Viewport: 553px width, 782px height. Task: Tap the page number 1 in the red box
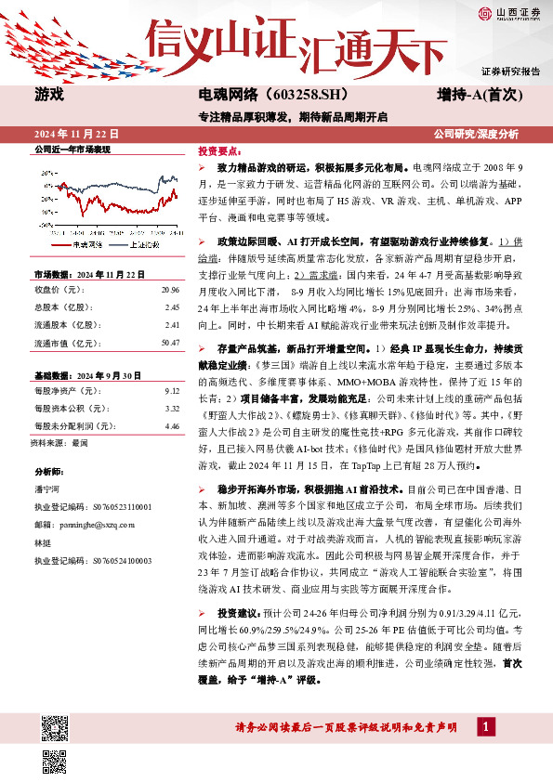484,725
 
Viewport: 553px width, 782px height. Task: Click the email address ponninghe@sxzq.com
89,524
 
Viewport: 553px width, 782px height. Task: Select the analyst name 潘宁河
46,489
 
